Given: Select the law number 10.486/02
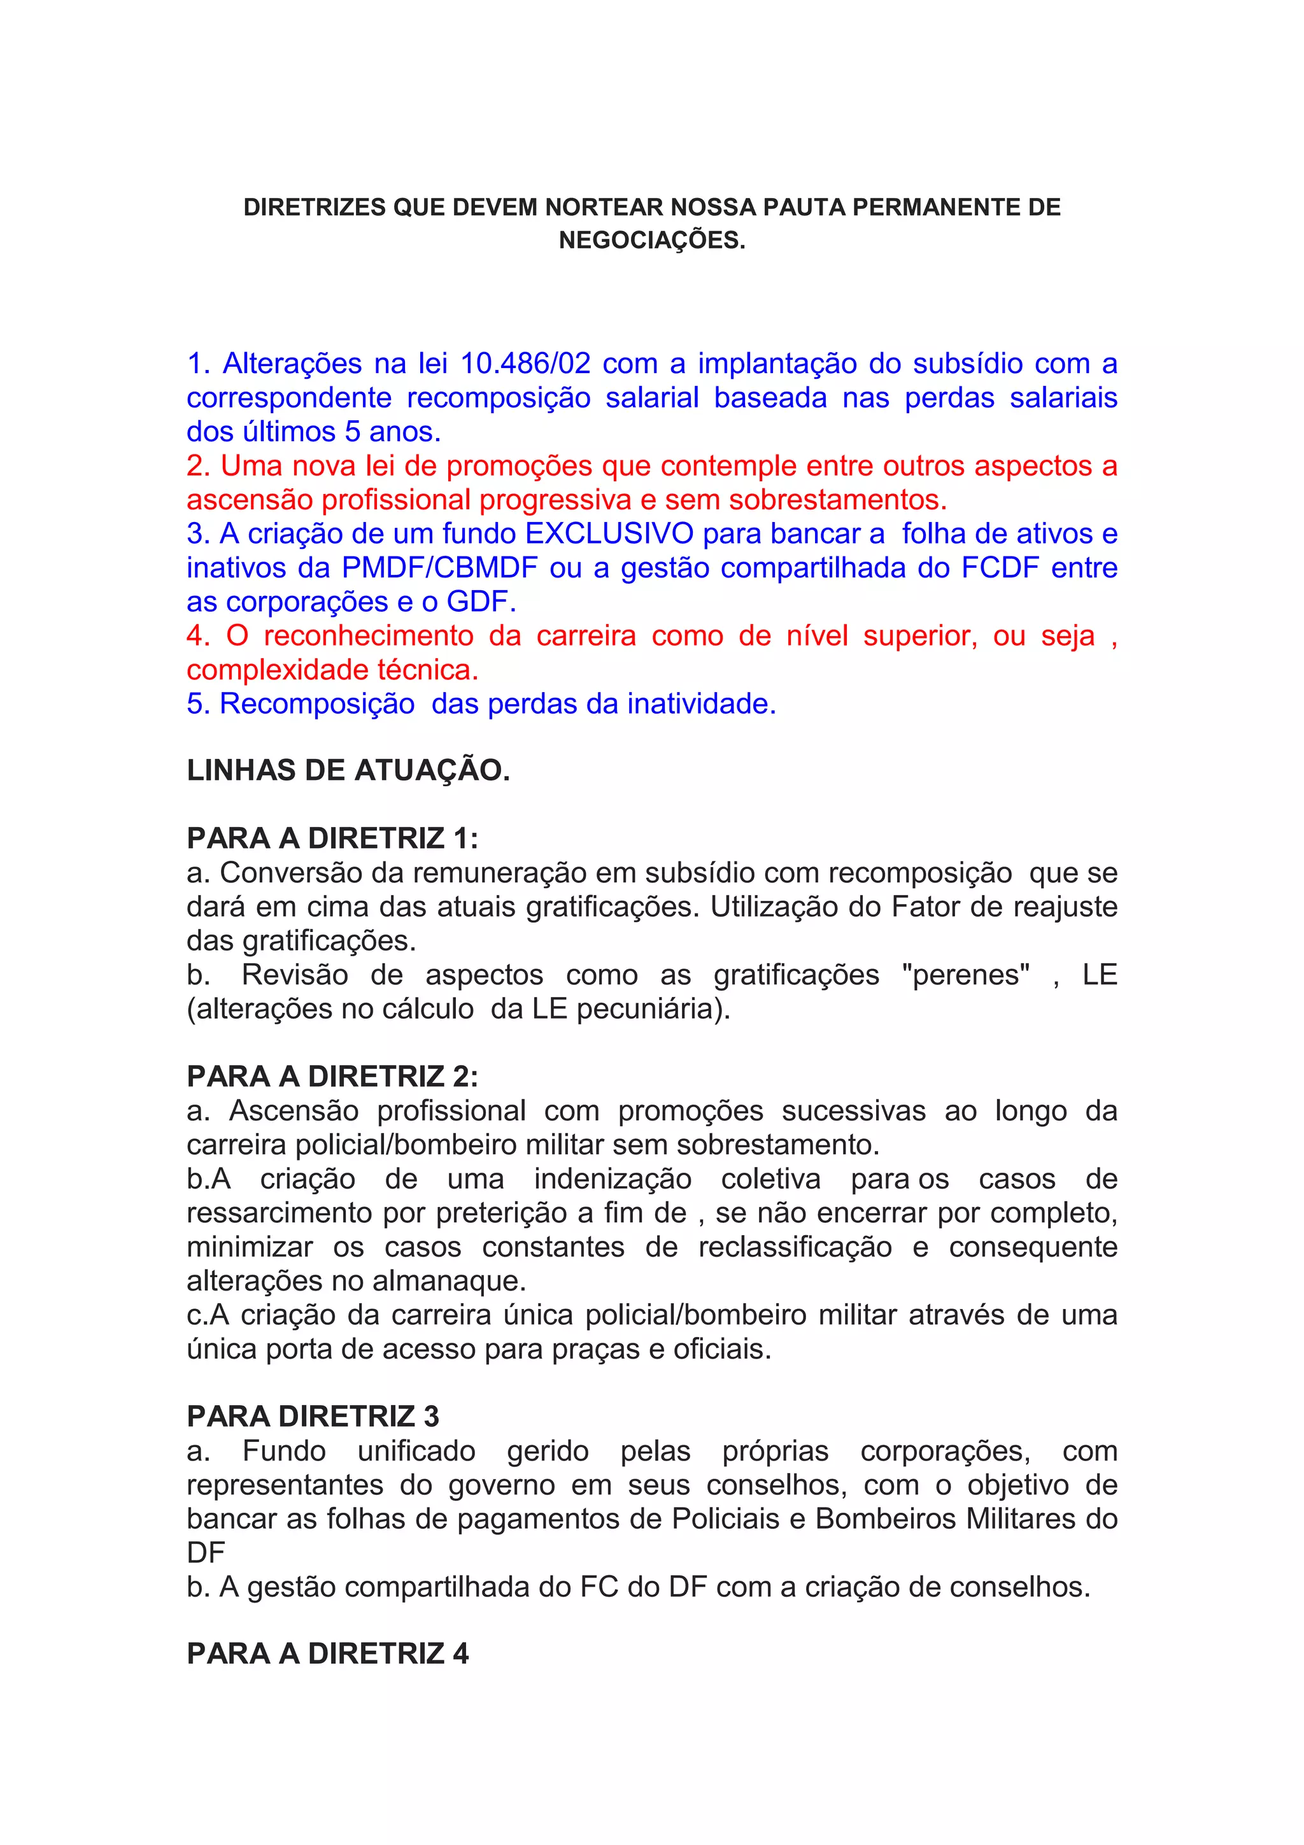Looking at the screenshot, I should (x=525, y=364).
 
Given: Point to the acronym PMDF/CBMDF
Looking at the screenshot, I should (x=439, y=568).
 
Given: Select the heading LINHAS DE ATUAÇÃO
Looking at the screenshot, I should (x=348, y=770).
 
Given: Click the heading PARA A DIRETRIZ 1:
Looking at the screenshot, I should (x=332, y=838).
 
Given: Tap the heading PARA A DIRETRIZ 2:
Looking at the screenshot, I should (x=332, y=1076).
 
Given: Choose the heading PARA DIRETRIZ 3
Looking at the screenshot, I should (x=313, y=1416).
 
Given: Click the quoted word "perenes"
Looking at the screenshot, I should (x=965, y=975).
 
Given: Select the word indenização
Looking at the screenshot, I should (x=613, y=1179).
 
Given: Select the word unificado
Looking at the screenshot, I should (x=416, y=1452).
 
